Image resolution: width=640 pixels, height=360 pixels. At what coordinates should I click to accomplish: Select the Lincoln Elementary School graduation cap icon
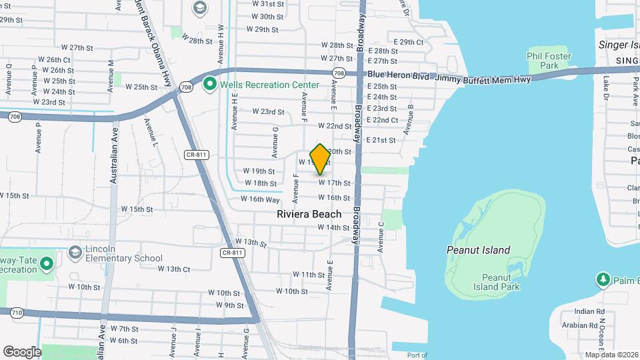click(75, 253)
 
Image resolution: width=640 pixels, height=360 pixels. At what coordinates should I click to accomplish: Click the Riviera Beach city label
click(309, 214)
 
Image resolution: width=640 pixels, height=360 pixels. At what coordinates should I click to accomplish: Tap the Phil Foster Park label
click(549, 61)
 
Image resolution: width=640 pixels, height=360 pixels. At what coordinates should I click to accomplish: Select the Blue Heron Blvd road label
click(399, 75)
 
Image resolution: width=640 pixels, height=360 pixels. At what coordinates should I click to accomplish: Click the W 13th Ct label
click(174, 269)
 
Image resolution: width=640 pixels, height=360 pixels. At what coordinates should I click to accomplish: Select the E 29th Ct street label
click(408, 42)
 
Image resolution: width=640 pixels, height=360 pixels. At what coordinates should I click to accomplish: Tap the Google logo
click(22, 351)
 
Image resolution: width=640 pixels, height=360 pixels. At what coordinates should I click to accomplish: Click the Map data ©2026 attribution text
click(611, 355)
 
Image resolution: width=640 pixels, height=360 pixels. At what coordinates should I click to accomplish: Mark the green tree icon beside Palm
click(603, 279)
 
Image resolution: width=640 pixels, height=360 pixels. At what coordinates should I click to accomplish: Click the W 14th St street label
click(333, 228)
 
